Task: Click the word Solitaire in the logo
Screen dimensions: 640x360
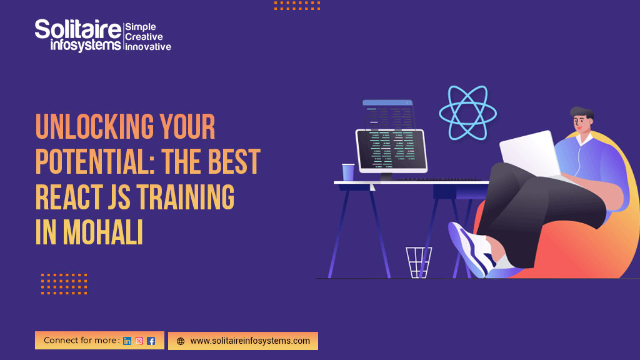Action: click(78, 29)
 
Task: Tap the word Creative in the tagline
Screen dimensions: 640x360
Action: click(144, 37)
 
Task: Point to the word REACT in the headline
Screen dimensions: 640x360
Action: click(69, 197)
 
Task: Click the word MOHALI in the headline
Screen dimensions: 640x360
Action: click(103, 232)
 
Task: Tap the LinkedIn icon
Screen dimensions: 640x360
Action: click(127, 341)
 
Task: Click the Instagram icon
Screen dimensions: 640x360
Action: click(139, 341)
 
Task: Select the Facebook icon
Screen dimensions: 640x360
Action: click(151, 341)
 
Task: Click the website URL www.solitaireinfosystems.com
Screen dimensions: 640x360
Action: click(250, 341)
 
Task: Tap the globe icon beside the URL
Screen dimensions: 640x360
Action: click(181, 341)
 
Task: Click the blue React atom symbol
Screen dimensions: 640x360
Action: click(467, 112)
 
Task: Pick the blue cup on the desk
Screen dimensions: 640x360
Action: click(348, 172)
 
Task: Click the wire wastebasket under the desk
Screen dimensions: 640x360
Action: click(418, 262)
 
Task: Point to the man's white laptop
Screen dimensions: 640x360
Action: click(530, 153)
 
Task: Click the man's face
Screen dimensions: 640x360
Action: click(581, 123)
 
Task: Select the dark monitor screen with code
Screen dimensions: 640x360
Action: click(391, 150)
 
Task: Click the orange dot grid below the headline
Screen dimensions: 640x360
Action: click(64, 284)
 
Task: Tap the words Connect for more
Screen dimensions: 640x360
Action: click(82, 341)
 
